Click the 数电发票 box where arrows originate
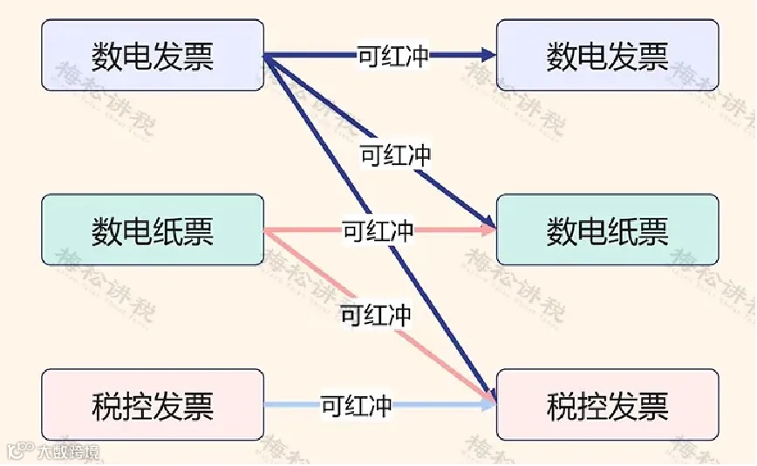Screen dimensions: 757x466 tap(153, 55)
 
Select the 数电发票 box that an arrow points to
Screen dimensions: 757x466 tap(607, 55)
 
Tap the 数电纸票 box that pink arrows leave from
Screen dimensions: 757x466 tap(153, 230)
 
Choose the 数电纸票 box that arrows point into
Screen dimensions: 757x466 tap(607, 230)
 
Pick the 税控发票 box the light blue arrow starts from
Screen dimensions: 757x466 tap(153, 405)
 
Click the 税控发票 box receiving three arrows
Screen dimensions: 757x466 tap(607, 405)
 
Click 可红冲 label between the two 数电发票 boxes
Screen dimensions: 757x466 tap(393, 56)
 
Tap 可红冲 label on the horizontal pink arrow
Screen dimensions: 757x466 tap(378, 231)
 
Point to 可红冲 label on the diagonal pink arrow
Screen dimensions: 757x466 tap(376, 314)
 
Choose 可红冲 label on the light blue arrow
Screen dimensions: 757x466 tap(356, 405)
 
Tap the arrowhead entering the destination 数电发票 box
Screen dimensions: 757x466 tap(488, 56)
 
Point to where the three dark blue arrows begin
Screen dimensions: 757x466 tap(265, 57)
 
